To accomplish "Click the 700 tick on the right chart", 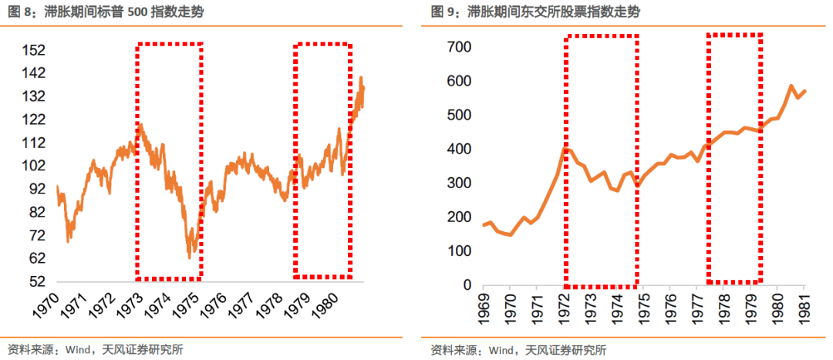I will point(459,47).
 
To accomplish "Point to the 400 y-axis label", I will point(459,149).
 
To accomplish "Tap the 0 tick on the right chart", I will point(467,285).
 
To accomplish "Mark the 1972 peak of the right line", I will point(566,149).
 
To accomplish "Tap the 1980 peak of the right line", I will point(791,86).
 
